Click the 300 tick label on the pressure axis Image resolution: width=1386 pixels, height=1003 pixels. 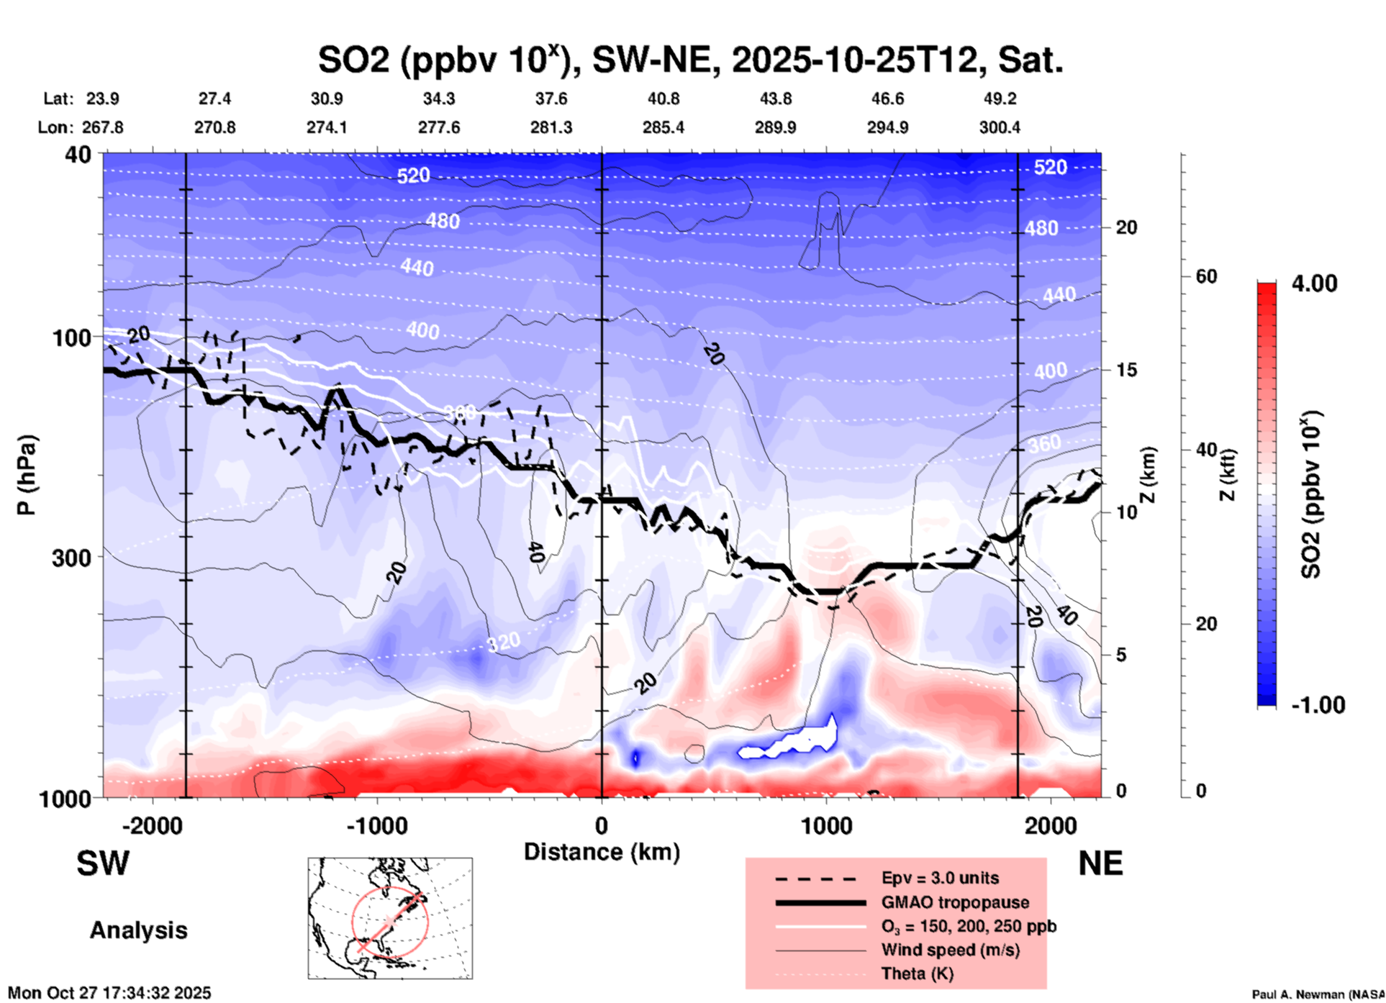click(71, 558)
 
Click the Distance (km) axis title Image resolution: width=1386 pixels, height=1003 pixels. click(602, 852)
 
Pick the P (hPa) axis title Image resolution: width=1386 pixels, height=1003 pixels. click(27, 475)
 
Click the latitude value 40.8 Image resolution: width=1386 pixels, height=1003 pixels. click(663, 99)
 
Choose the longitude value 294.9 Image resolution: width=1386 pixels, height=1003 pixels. click(887, 127)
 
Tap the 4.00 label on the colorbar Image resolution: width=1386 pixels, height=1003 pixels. click(1314, 283)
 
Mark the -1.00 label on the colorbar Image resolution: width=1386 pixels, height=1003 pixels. click(1318, 705)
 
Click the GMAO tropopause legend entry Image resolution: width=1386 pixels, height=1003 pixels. click(955, 902)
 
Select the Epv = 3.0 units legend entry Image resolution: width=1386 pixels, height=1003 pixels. click(940, 878)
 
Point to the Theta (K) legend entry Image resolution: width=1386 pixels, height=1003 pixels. click(917, 973)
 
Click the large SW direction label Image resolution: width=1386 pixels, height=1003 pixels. click(103, 863)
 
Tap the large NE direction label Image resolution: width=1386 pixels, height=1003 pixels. click(1100, 863)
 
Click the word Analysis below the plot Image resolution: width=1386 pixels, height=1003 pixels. click(138, 930)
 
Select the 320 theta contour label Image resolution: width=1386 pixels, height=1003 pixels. click(503, 642)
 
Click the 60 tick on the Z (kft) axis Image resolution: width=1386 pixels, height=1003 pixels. click(1206, 276)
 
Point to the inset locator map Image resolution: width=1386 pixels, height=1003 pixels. click(390, 917)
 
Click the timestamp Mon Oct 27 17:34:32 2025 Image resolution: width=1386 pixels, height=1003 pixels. click(109, 993)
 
